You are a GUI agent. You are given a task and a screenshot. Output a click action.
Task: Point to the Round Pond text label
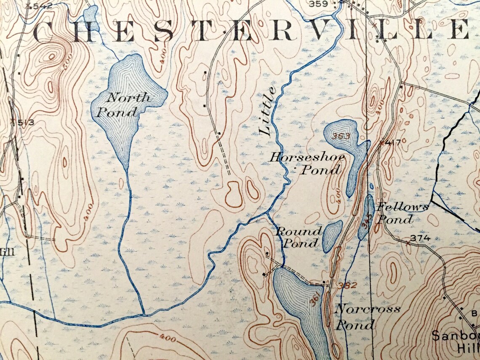click(299, 237)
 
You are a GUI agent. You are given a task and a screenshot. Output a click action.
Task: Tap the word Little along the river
click(268, 110)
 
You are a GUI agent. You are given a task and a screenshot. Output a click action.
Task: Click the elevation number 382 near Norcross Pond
click(347, 285)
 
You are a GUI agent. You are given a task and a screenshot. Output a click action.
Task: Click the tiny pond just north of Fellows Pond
click(371, 186)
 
